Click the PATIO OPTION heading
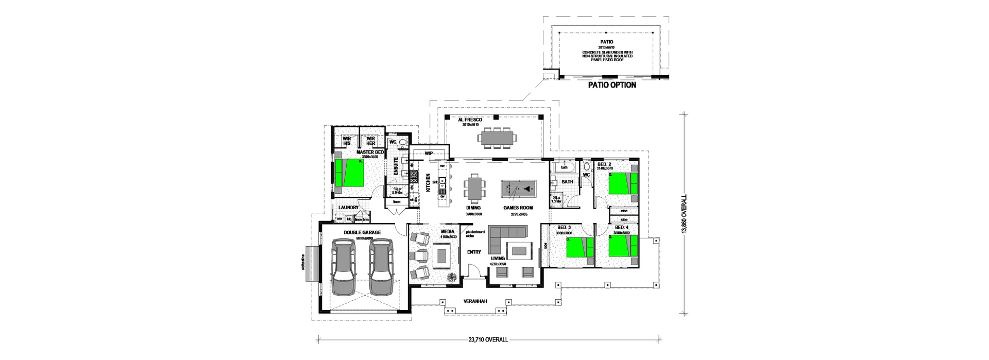(x=612, y=85)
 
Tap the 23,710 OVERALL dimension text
(x=488, y=340)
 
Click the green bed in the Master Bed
(x=349, y=173)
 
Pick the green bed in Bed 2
(x=622, y=183)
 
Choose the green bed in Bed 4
(x=622, y=246)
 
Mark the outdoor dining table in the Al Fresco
(x=497, y=138)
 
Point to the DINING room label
(x=473, y=208)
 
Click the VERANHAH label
(x=475, y=302)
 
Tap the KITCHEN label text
(x=428, y=183)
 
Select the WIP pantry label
(x=429, y=153)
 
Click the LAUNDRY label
(x=349, y=208)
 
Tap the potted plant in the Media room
(x=451, y=278)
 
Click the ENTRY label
(x=474, y=252)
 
